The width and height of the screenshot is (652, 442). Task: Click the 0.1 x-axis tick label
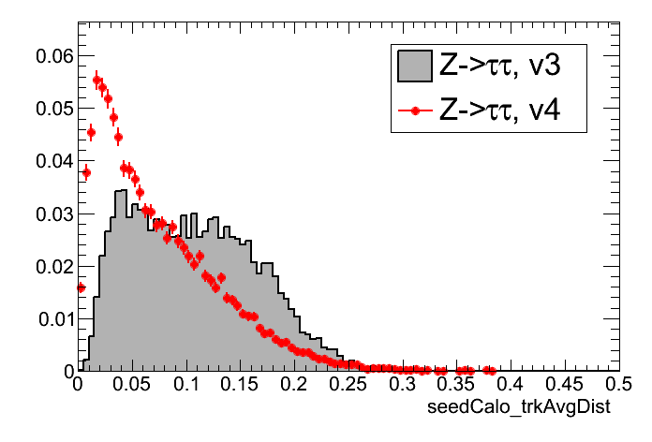pos(187,385)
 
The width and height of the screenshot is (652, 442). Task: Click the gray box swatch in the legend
pos(414,65)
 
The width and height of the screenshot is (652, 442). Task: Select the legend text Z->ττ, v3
pos(499,66)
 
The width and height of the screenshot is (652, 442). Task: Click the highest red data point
pos(96,80)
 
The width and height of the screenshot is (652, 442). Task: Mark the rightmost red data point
pos(491,370)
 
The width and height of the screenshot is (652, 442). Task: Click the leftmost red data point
pos(81,287)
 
